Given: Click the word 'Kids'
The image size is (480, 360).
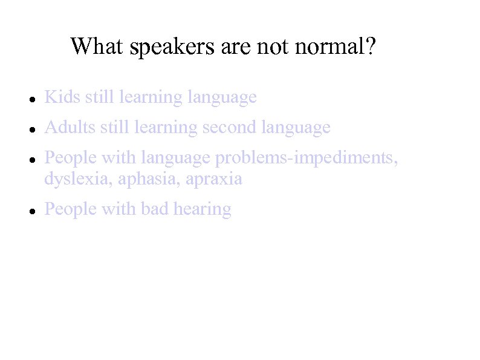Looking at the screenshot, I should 62,97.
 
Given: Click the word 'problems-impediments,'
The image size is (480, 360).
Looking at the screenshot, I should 307,158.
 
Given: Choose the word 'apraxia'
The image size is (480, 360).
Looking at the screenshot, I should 214,179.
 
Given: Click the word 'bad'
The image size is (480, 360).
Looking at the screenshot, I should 155,209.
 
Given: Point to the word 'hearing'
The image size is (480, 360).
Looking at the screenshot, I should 203,210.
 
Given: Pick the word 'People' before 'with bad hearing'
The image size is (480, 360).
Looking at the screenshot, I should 70,209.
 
